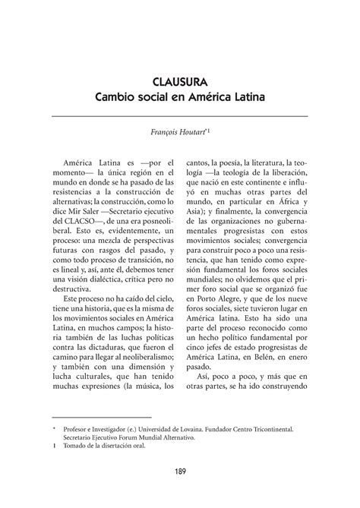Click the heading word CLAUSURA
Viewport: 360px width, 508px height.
180,80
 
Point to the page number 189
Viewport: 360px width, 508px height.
180,472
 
